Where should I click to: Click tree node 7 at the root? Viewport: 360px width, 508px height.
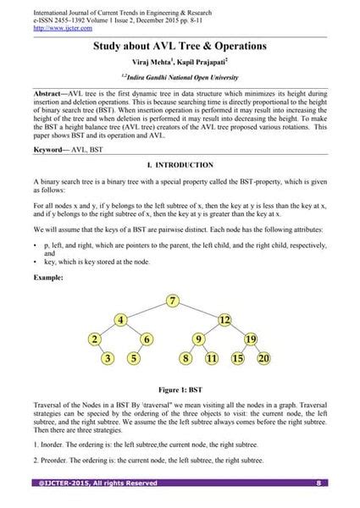pyautogui.click(x=173, y=301)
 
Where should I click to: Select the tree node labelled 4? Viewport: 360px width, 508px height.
pyautogui.click(x=122, y=320)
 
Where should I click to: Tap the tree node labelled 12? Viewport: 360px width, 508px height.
pyautogui.click(x=224, y=320)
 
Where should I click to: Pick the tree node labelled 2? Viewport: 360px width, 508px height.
pyautogui.click(x=95, y=340)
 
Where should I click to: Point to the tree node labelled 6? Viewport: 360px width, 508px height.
pyautogui.click(x=147, y=340)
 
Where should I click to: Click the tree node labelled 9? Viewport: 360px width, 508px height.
pyautogui.click(x=199, y=340)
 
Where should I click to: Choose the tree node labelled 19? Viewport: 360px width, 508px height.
pyautogui.click(x=251, y=340)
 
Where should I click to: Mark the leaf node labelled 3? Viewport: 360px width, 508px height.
pyautogui.click(x=108, y=358)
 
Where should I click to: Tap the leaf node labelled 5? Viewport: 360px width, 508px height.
pyautogui.click(x=134, y=358)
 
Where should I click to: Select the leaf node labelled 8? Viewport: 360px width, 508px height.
pyautogui.click(x=186, y=358)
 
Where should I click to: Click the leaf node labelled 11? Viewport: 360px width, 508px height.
pyautogui.click(x=212, y=358)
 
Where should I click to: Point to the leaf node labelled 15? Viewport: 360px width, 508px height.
pyautogui.click(x=238, y=358)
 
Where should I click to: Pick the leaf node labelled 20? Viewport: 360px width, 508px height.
pyautogui.click(x=263, y=358)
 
